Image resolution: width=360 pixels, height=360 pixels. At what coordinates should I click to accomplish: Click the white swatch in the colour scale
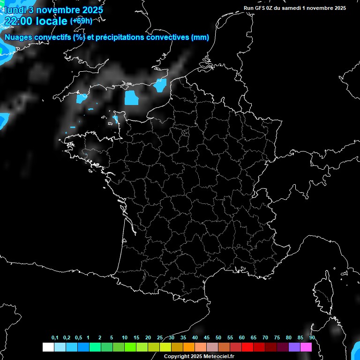[48, 347]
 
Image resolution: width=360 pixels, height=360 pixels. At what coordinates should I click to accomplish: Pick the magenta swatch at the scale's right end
[306, 347]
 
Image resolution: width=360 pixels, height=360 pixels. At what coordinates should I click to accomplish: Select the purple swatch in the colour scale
[294, 347]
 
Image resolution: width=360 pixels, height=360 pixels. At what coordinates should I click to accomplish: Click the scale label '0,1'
[55, 337]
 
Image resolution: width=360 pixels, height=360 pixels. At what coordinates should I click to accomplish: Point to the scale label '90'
[312, 337]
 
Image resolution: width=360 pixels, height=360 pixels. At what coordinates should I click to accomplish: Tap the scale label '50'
[218, 337]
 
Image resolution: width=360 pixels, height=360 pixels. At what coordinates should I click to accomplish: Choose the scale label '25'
[160, 337]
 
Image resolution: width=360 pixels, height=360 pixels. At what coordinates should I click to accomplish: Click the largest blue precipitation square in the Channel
[132, 97]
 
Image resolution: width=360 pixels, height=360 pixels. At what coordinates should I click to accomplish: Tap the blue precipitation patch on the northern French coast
[160, 85]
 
